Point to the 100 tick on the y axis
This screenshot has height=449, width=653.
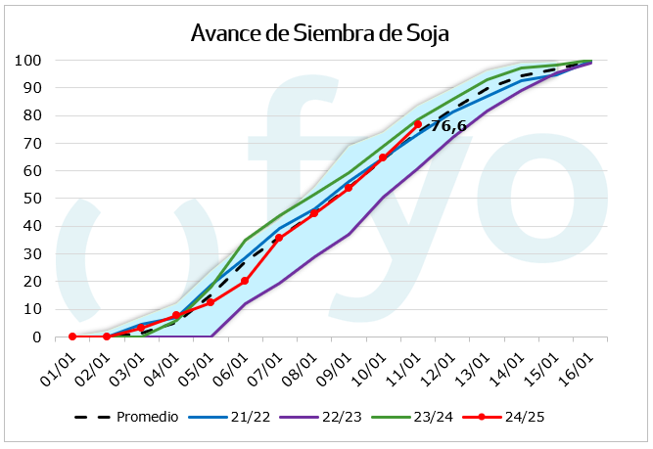click(27, 61)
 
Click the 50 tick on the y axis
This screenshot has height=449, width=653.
click(31, 199)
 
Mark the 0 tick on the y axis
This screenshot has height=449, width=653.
click(35, 337)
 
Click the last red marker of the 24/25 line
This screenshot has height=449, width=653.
click(417, 124)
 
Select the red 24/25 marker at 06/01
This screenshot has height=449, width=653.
click(245, 281)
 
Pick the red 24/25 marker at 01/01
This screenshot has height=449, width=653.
click(72, 337)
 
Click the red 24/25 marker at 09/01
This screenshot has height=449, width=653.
click(349, 187)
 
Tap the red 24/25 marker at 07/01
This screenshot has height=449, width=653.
click(279, 238)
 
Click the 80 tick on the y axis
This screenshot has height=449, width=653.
click(31, 115)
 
